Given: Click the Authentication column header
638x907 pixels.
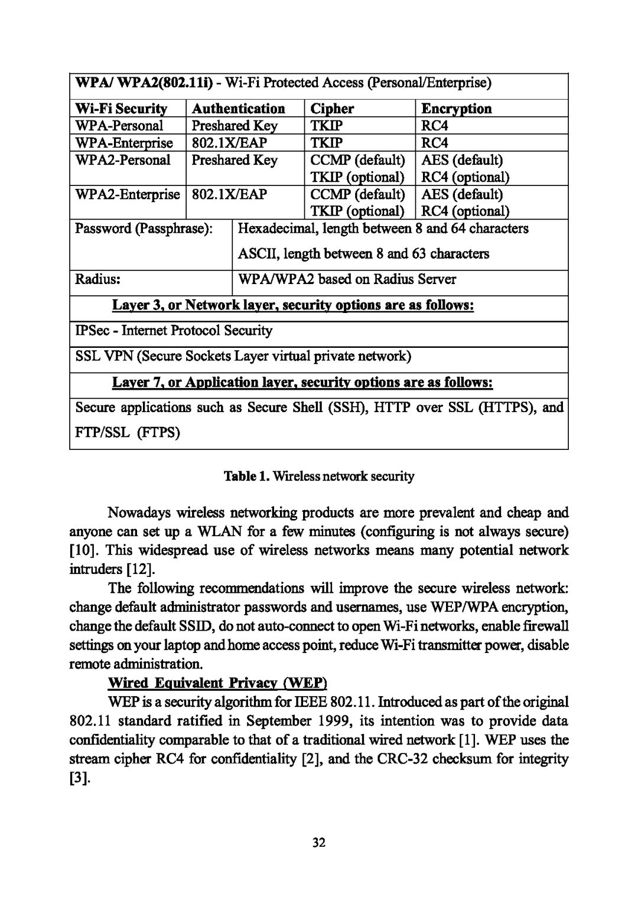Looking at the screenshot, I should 238,109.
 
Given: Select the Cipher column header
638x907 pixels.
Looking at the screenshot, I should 332,109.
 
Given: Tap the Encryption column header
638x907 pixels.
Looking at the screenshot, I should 455,109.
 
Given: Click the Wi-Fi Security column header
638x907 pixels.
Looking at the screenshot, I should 121,109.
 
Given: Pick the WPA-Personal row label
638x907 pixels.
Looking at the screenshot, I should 119,126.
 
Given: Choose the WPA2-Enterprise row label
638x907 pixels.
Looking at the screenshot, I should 127,194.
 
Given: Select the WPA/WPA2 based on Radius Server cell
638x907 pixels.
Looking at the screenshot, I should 346,279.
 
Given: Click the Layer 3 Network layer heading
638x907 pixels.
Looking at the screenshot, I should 294,306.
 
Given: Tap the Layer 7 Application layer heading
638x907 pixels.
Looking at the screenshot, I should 302,383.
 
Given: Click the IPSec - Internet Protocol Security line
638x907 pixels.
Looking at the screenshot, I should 174,331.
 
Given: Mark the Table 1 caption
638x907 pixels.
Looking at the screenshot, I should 319,476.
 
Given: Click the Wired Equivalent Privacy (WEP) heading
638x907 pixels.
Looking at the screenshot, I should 217,683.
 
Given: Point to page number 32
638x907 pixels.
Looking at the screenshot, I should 319,843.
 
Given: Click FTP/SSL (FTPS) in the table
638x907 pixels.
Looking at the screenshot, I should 128,433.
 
